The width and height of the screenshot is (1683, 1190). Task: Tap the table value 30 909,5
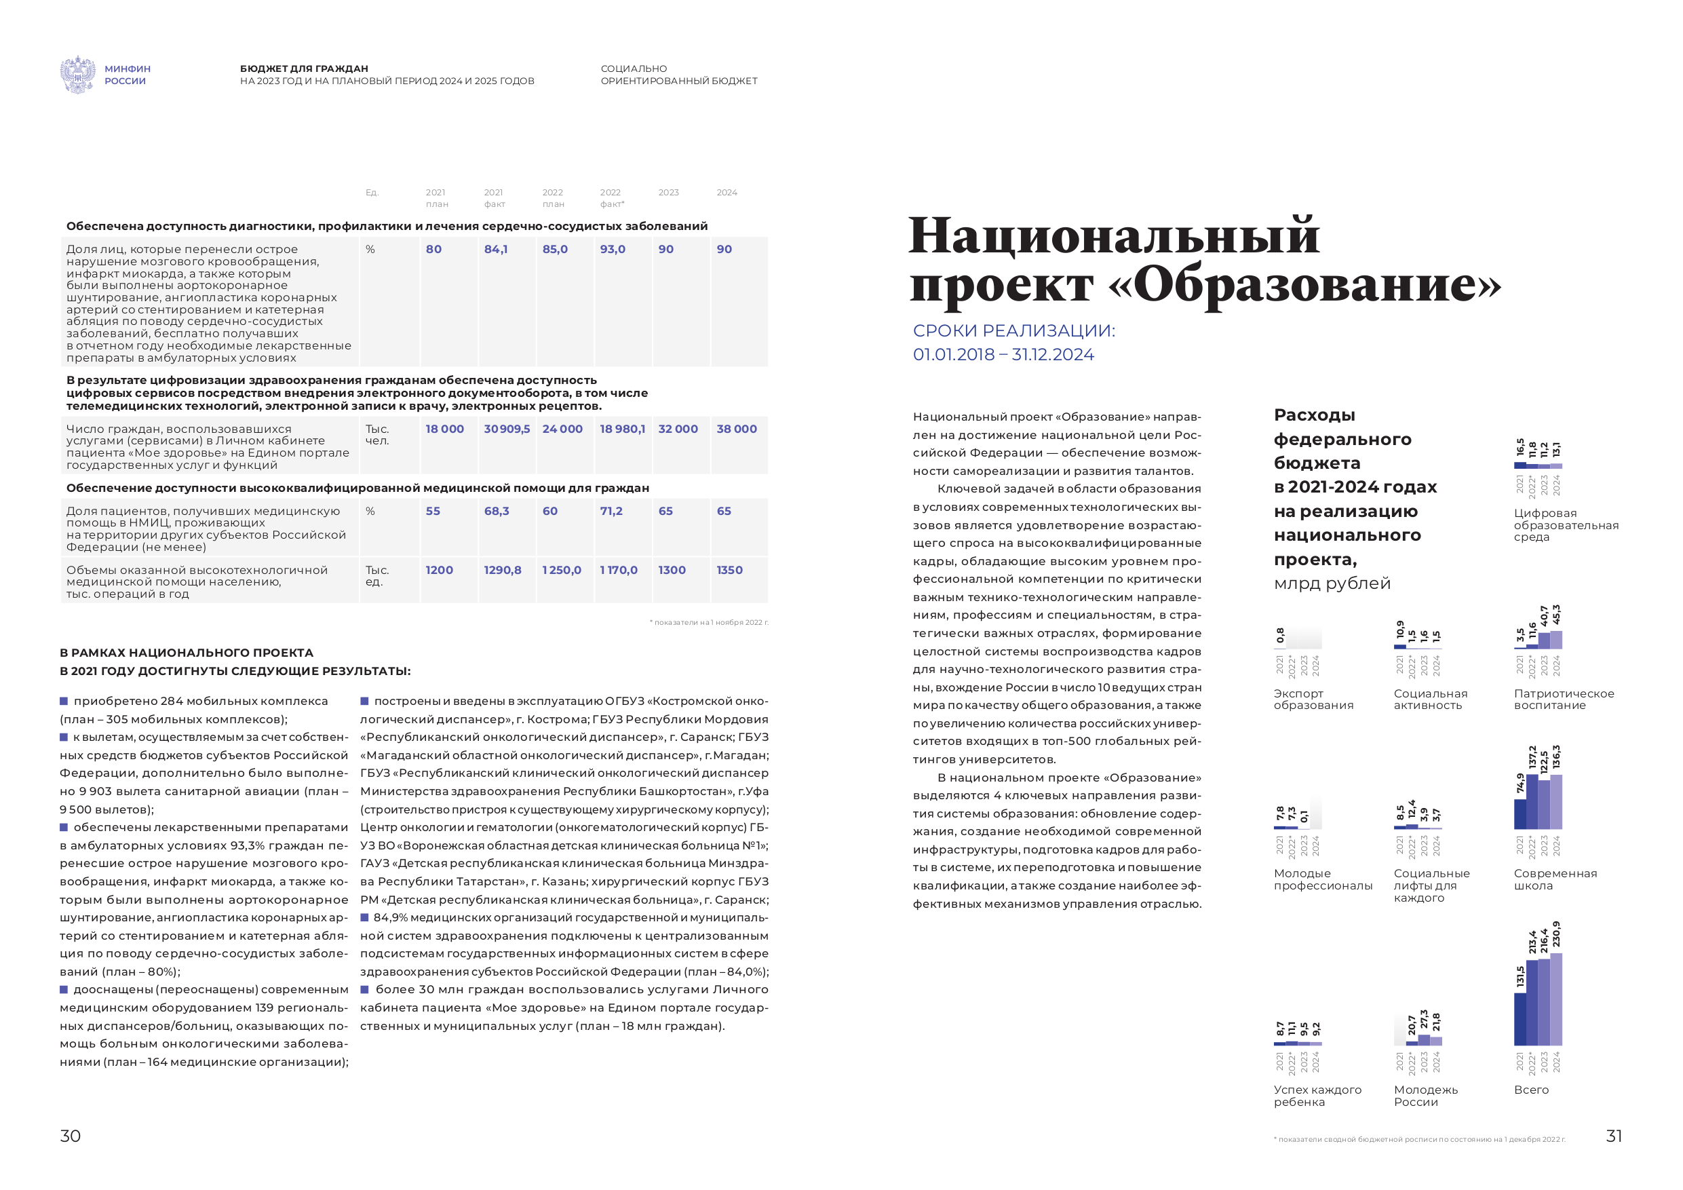click(x=507, y=429)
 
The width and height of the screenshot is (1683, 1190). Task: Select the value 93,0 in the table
click(x=613, y=249)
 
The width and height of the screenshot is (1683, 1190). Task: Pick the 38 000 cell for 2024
click(x=737, y=429)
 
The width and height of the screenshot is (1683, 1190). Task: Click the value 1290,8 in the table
click(x=503, y=570)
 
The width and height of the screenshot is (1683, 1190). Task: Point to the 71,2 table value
click(x=611, y=511)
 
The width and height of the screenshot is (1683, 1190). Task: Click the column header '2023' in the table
click(x=668, y=193)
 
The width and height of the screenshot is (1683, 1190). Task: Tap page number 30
click(x=71, y=1136)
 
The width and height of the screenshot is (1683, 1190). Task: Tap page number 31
click(x=1614, y=1136)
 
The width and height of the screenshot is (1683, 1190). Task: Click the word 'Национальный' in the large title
click(x=1113, y=236)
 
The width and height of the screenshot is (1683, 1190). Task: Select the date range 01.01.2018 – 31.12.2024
click(x=1003, y=355)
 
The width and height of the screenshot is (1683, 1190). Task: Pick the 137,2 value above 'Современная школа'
click(x=1532, y=759)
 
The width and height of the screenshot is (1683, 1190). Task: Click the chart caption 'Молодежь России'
click(x=1426, y=1096)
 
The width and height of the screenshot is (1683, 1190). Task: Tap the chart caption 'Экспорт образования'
click(x=1313, y=699)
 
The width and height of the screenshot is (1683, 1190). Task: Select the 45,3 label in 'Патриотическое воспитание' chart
click(x=1556, y=615)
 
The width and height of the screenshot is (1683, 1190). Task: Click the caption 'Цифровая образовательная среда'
click(x=1566, y=525)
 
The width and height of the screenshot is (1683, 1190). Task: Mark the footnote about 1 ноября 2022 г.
click(x=709, y=623)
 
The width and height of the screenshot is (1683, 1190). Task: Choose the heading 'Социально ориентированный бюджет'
click(x=679, y=75)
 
